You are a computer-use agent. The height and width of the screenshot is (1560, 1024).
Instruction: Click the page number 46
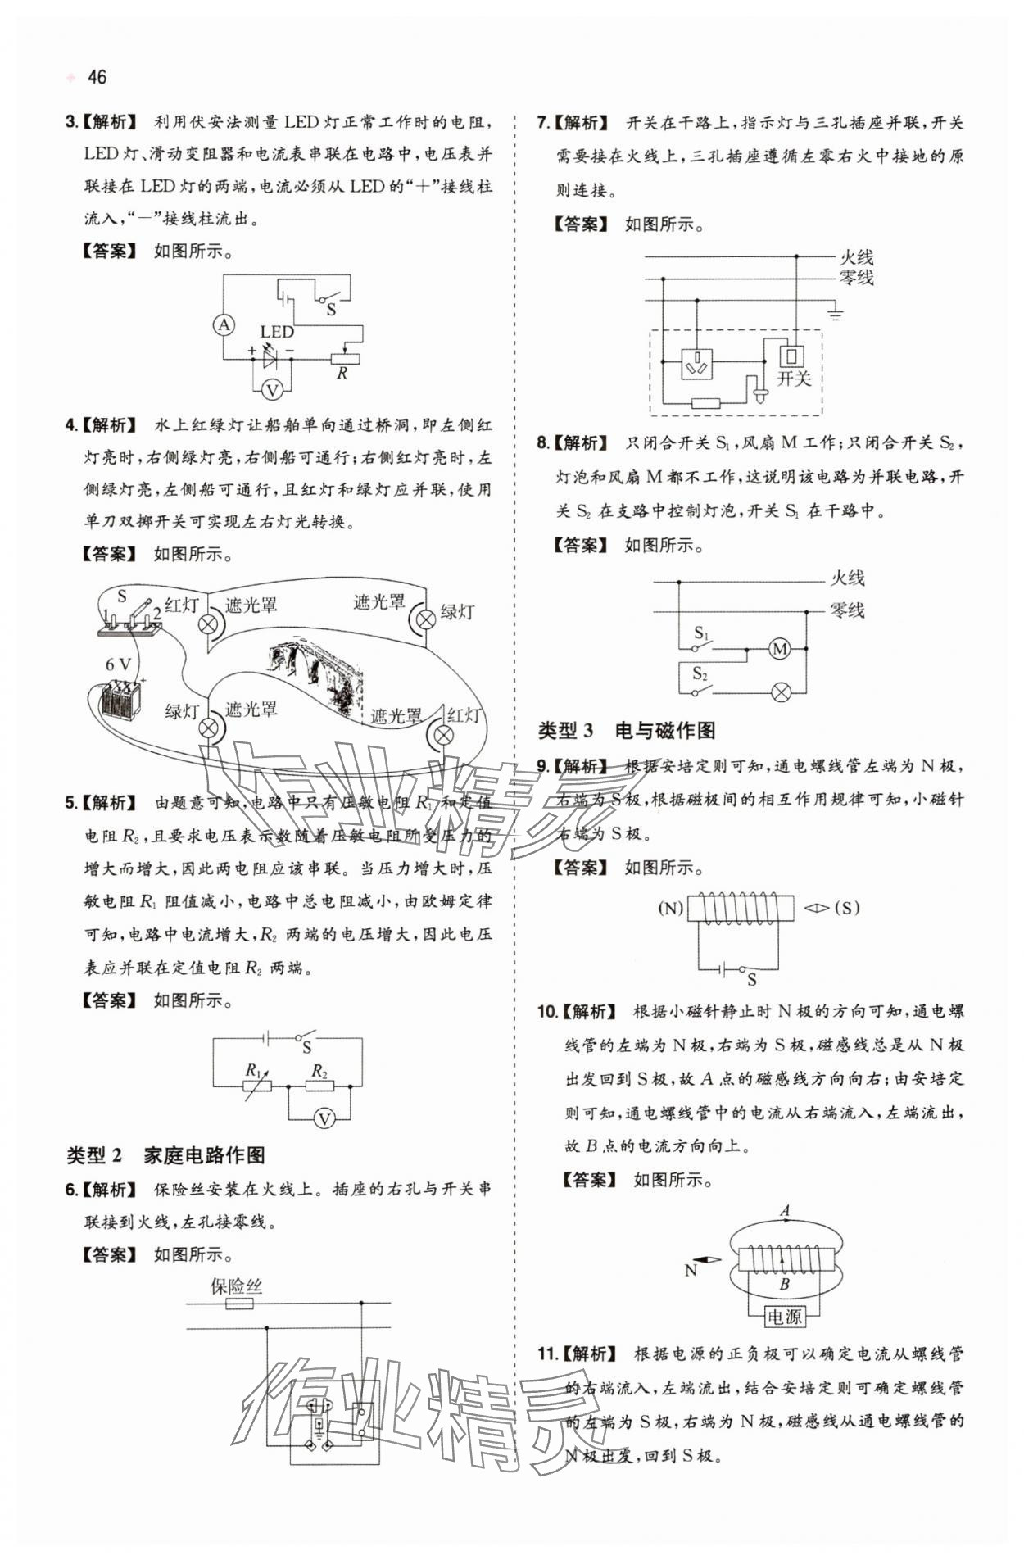[x=97, y=77]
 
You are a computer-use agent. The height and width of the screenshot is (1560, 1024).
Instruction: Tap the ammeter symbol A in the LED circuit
[x=224, y=325]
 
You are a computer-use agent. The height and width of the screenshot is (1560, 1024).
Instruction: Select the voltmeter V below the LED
[x=272, y=390]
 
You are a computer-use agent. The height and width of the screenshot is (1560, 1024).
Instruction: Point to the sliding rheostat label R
[x=342, y=374]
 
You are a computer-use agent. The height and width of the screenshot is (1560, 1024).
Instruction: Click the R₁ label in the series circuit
[x=254, y=1070]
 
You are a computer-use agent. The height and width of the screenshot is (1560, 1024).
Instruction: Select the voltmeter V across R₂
[x=324, y=1118]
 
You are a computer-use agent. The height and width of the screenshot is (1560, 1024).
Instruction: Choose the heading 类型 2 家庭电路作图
[x=165, y=1155]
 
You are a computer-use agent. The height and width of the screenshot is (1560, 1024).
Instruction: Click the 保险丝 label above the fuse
[x=237, y=1286]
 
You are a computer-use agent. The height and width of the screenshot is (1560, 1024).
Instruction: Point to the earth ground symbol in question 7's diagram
[x=835, y=313]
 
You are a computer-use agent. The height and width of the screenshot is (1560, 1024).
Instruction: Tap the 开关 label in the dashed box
[x=793, y=379]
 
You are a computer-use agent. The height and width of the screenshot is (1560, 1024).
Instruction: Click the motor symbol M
[x=779, y=650]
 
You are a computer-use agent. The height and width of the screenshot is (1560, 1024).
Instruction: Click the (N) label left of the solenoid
[x=670, y=908]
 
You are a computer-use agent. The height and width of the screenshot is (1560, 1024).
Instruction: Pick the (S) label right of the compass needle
[x=847, y=908]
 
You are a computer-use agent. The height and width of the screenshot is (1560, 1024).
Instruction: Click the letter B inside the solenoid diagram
[x=784, y=1285]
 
